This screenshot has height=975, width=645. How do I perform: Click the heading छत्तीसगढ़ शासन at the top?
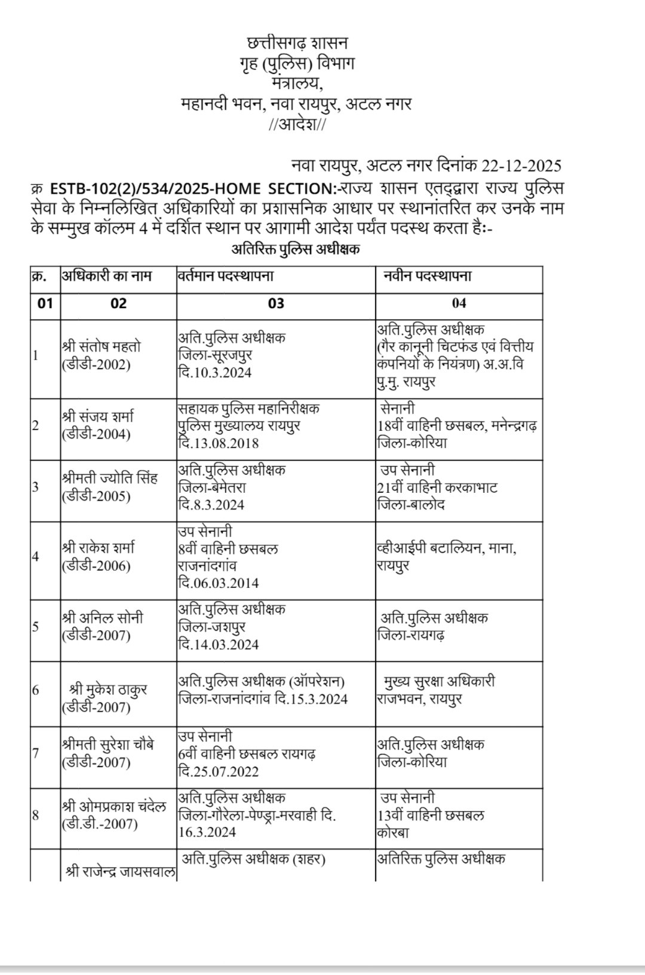(297, 44)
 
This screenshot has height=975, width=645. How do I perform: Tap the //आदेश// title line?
(297, 124)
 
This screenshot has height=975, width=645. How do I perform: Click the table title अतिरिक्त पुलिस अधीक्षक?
(295, 250)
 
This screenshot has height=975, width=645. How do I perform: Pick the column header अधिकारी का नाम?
(107, 276)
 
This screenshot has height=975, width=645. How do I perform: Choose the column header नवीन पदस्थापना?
(428, 276)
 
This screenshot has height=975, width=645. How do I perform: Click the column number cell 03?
(275, 303)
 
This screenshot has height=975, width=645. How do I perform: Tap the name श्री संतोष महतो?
(101, 347)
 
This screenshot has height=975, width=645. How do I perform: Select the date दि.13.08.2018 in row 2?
(219, 443)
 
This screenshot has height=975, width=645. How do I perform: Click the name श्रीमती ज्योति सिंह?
(109, 479)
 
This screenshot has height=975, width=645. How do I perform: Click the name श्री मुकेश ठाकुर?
(108, 690)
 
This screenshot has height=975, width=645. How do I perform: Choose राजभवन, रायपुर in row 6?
(419, 699)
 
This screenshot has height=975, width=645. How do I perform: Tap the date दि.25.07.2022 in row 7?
(219, 771)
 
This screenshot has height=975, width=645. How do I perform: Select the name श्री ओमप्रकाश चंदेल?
(113, 806)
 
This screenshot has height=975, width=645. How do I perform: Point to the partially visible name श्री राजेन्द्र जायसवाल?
(120, 872)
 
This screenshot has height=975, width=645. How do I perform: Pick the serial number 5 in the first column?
(36, 626)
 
